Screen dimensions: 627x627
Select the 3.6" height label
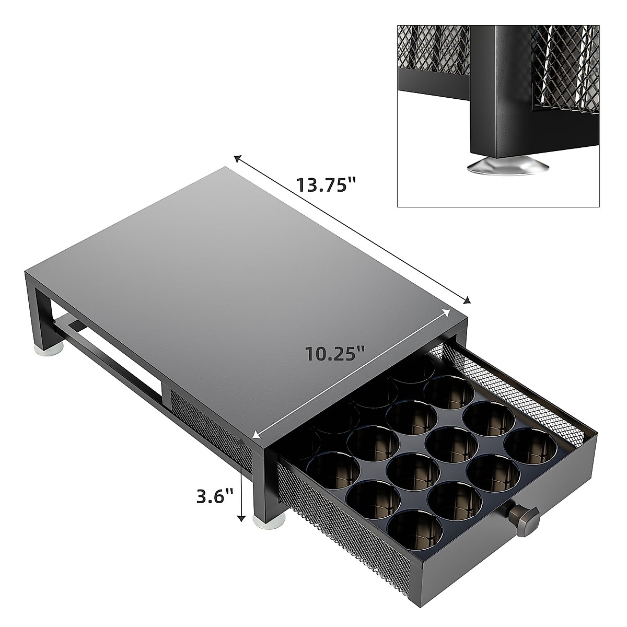tap(214, 496)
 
